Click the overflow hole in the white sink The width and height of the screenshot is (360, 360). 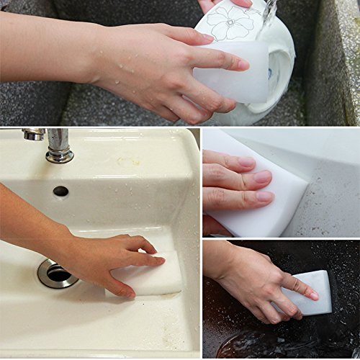click(60, 191)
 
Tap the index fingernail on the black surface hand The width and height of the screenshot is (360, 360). click(312, 295)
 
